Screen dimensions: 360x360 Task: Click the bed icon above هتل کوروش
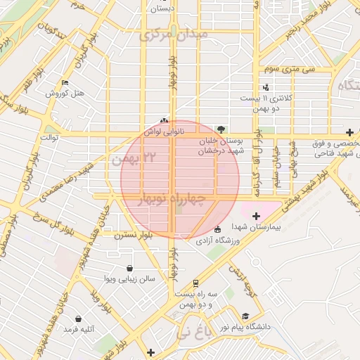(65, 82)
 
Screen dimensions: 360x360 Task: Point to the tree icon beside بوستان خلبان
(222, 129)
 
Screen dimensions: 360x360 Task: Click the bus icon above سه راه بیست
(195, 282)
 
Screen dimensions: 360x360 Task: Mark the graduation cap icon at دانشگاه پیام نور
(245, 316)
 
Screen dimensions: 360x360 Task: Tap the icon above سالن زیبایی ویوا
(130, 268)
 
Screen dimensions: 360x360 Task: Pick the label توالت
(52, 137)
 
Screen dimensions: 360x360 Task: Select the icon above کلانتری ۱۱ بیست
(266, 87)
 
